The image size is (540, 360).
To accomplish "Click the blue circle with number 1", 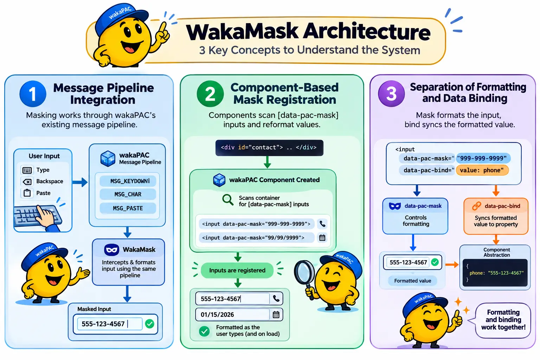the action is pos(33,94).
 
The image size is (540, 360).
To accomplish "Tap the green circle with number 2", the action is pos(210,94).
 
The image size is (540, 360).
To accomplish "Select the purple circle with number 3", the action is pos(391,94).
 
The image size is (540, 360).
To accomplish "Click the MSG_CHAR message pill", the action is pos(128,194).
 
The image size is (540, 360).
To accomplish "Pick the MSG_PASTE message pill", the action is pos(128,208).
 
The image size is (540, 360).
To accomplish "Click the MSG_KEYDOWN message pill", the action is pos(128,181).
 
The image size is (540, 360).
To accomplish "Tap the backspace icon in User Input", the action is pos(27,181).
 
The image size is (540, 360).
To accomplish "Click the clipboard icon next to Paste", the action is pos(27,193).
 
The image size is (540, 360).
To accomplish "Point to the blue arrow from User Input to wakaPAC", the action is pos(80,182).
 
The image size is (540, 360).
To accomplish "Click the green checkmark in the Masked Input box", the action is pos(150,323).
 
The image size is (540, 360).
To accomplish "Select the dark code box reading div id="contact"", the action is pos(269,148).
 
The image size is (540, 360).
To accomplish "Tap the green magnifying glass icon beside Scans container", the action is pos(227,200).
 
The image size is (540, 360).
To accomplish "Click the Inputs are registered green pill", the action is pos(237,270).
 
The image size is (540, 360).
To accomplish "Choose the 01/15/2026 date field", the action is pos(239,314).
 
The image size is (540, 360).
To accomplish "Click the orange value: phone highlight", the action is pos(482,170).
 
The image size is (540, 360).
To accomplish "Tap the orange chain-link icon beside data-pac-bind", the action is pos(477,206).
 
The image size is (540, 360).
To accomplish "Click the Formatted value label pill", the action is pos(412,281).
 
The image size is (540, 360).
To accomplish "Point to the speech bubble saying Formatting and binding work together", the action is pos(503,320).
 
